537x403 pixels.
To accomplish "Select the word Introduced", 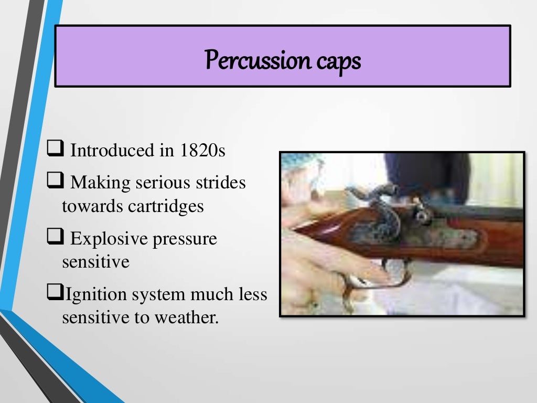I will pyautogui.click(x=112, y=151).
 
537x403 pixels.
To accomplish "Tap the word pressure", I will pyautogui.click(x=185, y=239).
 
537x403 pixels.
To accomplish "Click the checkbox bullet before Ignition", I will pyautogui.click(x=54, y=294).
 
